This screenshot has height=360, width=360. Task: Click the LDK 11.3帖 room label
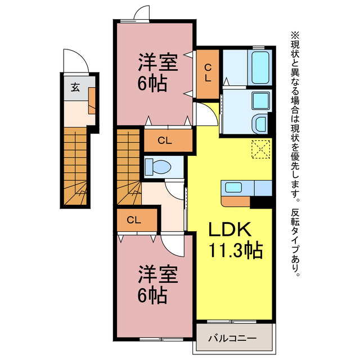(235, 240)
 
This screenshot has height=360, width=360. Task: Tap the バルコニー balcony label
(232, 339)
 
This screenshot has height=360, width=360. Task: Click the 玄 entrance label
(75, 88)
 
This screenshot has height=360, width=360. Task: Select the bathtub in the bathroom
(260, 67)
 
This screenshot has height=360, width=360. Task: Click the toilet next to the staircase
(159, 167)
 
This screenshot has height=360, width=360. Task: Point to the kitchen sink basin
(233, 187)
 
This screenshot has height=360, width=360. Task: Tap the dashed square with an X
(260, 149)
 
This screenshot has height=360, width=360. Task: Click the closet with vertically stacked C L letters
(208, 74)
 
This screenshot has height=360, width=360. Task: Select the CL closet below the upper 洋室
(168, 141)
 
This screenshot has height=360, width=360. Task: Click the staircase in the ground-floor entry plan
(75, 166)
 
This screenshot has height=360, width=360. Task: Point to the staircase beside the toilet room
(129, 166)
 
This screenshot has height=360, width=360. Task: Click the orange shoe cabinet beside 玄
(92, 100)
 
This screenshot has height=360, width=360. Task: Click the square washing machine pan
(260, 101)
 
